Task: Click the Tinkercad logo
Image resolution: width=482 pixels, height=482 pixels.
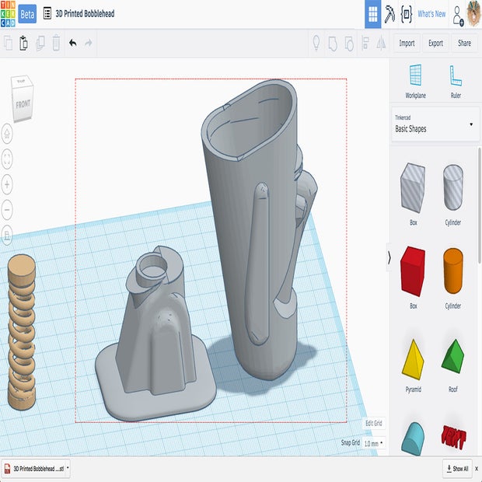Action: tap(8, 14)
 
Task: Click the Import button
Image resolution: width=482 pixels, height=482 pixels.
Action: tap(407, 44)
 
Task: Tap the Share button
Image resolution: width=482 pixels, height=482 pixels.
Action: tap(464, 44)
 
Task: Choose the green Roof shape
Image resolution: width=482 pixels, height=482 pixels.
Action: tap(452, 357)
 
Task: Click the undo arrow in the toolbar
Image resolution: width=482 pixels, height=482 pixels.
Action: tap(73, 44)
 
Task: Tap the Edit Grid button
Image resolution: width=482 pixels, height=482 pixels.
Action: tap(373, 423)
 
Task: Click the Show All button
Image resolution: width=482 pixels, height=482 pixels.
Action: tap(457, 469)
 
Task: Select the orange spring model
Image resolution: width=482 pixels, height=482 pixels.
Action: tap(22, 331)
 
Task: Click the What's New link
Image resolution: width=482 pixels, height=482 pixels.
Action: tap(431, 14)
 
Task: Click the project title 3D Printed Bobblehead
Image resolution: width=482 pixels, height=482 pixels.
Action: tap(85, 14)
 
